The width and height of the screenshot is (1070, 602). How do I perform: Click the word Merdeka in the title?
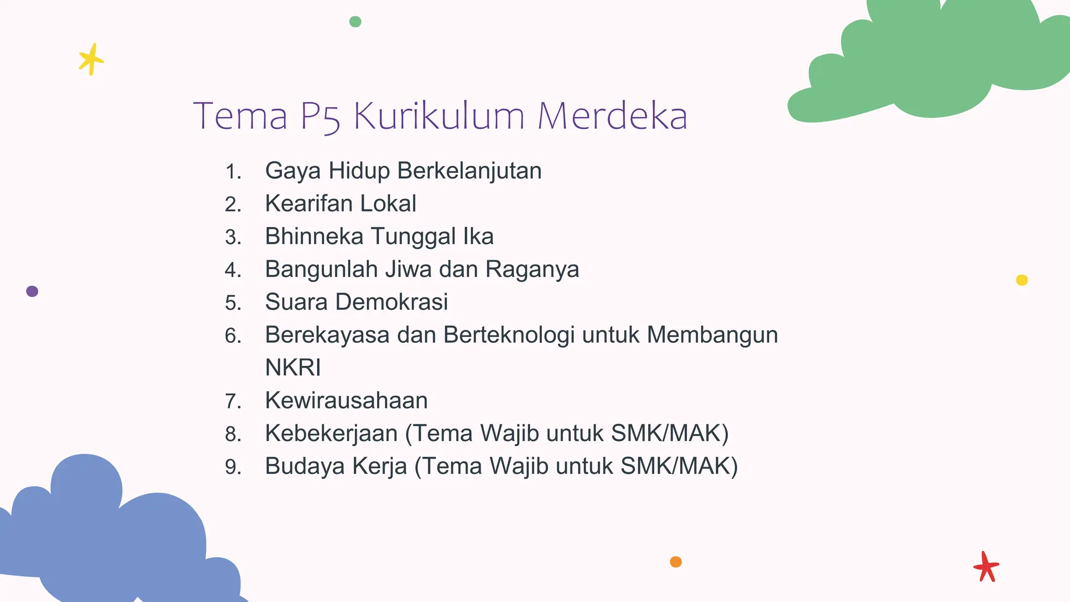[x=612, y=115]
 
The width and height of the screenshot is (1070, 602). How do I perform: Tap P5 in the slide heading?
[x=321, y=117]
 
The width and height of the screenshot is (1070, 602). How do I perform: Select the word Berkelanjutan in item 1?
[x=469, y=171]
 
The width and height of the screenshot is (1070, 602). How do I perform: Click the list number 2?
[x=233, y=204]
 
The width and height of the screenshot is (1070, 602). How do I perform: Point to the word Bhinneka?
[x=314, y=236]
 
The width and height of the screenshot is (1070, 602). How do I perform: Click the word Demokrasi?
[x=391, y=302]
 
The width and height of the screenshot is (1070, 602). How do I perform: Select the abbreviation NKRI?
[x=293, y=367]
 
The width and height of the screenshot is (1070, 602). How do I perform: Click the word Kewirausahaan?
[x=346, y=401]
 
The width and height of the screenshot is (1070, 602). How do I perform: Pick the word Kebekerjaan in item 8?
[x=331, y=433]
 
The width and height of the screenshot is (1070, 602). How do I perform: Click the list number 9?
[x=233, y=467]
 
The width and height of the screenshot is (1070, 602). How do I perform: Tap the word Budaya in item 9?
[x=305, y=466]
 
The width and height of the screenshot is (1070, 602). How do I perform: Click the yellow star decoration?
[x=91, y=60]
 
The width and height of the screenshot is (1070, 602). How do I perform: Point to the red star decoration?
[x=986, y=566]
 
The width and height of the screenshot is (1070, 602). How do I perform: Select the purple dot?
[x=32, y=291]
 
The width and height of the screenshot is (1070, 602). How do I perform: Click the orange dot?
[x=676, y=562]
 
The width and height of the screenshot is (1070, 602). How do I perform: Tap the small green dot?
[x=355, y=21]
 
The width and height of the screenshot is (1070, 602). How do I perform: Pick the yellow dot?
[x=1022, y=280]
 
